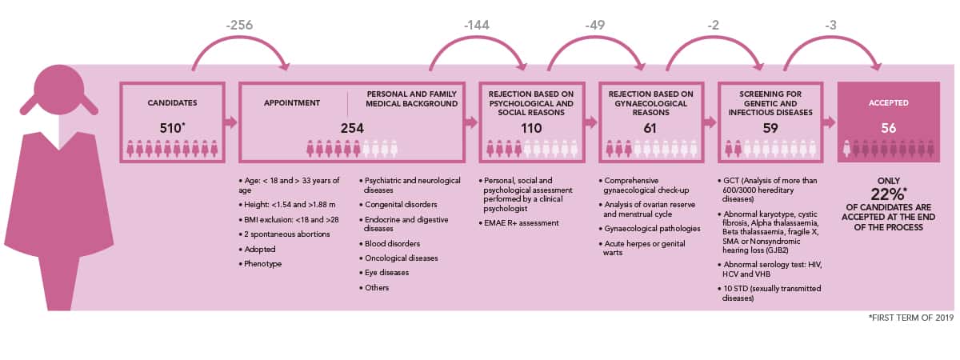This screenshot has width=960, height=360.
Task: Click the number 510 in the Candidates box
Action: point(170,128)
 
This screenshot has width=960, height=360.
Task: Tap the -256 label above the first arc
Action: point(239,25)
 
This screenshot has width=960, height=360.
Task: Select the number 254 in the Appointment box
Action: point(352,128)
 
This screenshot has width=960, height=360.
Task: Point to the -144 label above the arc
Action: point(477,25)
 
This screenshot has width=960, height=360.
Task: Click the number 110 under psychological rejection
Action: point(531,128)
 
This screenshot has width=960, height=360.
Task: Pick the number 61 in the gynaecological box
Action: point(650,128)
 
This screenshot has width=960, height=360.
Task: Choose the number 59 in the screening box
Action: point(770,128)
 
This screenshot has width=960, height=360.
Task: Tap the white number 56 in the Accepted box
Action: point(889,128)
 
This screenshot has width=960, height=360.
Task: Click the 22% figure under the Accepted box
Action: point(887,194)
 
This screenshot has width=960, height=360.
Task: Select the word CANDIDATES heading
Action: point(172,103)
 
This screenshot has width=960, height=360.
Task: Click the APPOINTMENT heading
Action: point(292,103)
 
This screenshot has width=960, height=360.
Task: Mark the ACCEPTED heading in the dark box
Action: point(889,103)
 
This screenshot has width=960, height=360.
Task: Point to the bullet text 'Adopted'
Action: point(260,249)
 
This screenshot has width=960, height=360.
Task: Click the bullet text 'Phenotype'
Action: point(262,263)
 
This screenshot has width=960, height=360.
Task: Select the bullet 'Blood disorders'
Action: point(392,243)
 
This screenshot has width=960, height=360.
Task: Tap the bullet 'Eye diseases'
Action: point(386,273)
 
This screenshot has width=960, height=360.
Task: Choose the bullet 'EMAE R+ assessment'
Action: point(521,223)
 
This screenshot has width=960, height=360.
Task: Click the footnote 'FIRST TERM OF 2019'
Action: point(911,318)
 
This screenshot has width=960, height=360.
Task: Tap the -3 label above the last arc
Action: point(830,25)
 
